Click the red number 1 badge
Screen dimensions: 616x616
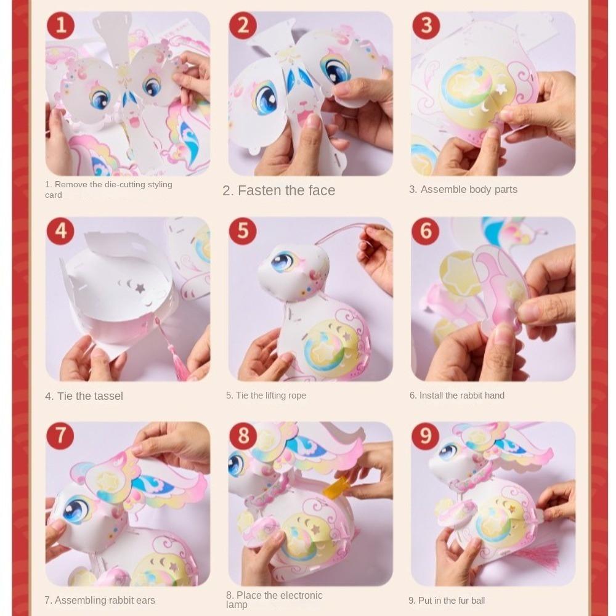[x=60, y=26]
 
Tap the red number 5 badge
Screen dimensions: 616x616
[x=243, y=231]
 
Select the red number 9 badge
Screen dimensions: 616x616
[x=426, y=436]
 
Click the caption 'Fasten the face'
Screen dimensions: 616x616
[x=279, y=190]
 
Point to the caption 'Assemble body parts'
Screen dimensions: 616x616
[x=463, y=189]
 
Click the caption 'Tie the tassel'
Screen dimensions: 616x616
[x=84, y=396]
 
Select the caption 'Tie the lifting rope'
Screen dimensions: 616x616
[x=266, y=395]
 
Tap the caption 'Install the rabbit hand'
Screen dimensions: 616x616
[x=457, y=395]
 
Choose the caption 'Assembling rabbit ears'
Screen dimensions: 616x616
[x=100, y=600]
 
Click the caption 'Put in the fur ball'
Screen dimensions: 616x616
[x=447, y=601]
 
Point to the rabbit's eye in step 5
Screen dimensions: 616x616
[x=283, y=261]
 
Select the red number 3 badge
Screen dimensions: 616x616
[x=426, y=26]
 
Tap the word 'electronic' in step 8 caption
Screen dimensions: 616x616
[x=300, y=595]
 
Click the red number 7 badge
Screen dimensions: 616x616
[x=60, y=436]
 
